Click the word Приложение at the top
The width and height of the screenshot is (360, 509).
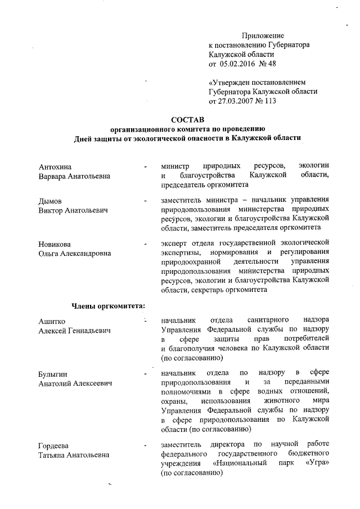point(263,35)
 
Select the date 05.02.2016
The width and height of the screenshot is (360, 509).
point(237,64)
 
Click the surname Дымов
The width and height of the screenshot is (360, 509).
point(50,201)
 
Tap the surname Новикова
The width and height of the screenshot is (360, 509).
point(56,244)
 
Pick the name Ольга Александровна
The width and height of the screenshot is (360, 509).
point(75,254)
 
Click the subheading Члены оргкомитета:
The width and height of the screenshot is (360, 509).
point(108,306)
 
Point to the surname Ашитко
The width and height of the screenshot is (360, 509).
point(52,321)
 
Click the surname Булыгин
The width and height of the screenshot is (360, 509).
point(54,374)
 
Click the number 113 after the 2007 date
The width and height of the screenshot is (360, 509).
point(271,101)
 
